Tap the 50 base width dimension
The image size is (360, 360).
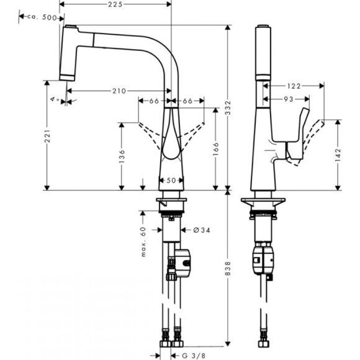pos(172,181)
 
